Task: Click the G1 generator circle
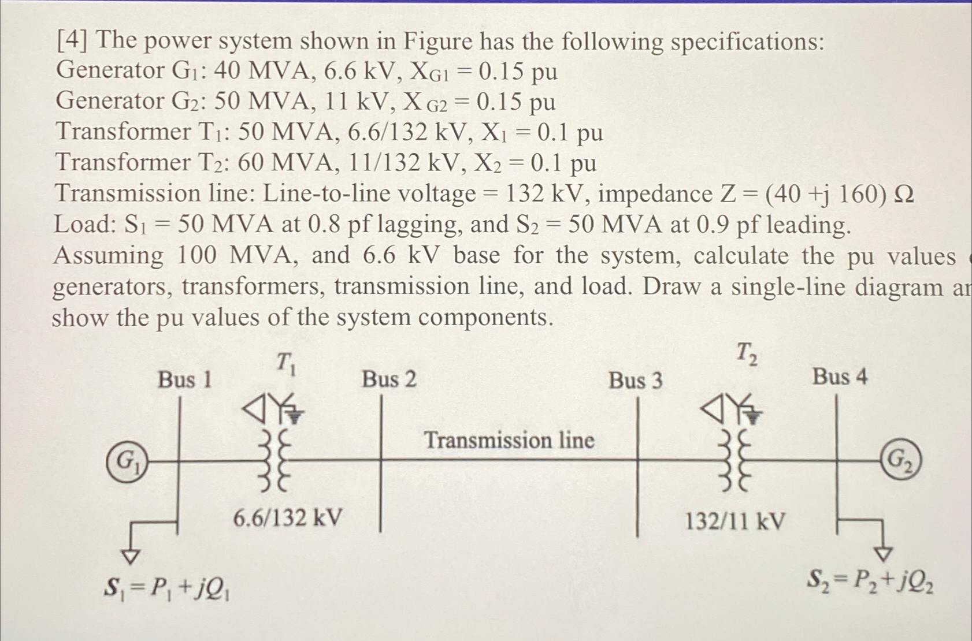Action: click(x=126, y=460)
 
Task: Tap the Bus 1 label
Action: click(x=185, y=380)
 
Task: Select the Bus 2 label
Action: click(x=389, y=379)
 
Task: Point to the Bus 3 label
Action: click(x=635, y=381)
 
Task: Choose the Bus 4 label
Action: click(x=839, y=377)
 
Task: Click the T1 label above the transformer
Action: click(x=285, y=363)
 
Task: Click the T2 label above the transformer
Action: click(x=746, y=353)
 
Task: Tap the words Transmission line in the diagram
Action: click(x=509, y=441)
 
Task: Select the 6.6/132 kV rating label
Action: click(x=287, y=517)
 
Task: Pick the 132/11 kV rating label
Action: click(x=735, y=521)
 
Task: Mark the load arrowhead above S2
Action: click(x=882, y=553)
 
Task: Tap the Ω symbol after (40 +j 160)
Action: click(x=903, y=195)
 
